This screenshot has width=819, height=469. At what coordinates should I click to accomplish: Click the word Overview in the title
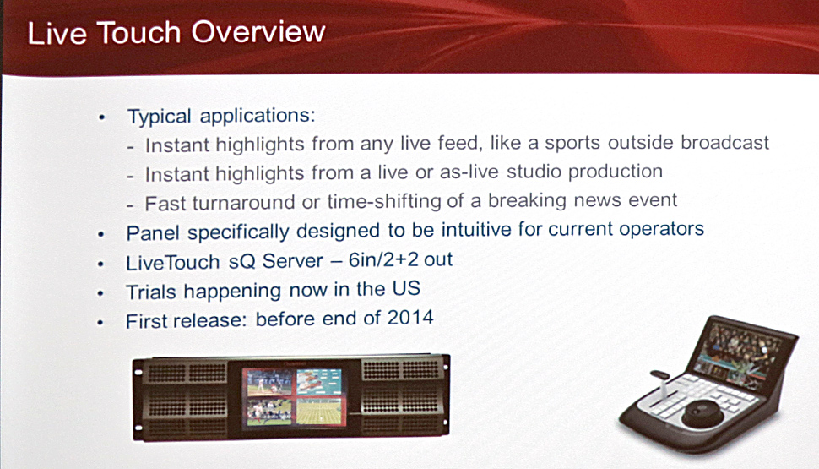click(258, 32)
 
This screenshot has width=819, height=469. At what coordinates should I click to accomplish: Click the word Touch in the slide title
click(138, 33)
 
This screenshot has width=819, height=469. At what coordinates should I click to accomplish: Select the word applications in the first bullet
click(258, 116)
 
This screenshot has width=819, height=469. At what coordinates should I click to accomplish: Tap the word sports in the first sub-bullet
click(572, 144)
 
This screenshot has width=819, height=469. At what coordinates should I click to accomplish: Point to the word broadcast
click(724, 142)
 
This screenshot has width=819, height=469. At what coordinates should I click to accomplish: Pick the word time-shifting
click(384, 201)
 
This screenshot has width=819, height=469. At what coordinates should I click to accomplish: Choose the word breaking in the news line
click(527, 200)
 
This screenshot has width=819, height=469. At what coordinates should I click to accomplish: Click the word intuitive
click(476, 230)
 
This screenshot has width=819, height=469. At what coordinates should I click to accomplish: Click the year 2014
click(410, 318)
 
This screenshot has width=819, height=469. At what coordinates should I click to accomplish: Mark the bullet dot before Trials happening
click(100, 293)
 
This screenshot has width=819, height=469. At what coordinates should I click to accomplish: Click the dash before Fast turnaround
click(131, 206)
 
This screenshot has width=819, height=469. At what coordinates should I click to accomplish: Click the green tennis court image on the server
click(318, 411)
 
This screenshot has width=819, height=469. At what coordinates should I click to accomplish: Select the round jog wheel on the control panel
click(702, 412)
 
